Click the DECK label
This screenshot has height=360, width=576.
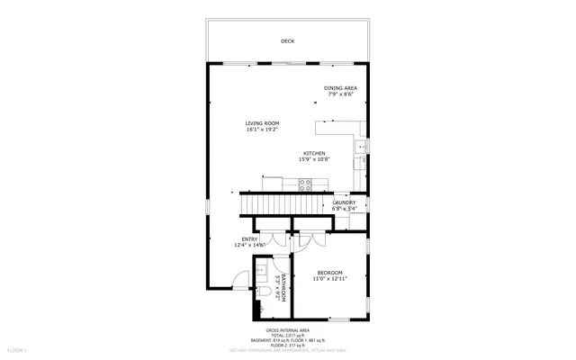point(287,41)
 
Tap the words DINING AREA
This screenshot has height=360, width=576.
point(340,87)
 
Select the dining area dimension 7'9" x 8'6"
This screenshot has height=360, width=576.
point(340,94)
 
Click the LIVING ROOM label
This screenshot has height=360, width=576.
point(262,123)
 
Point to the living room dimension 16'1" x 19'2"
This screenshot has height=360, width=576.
point(262,130)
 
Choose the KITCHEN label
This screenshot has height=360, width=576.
point(314,153)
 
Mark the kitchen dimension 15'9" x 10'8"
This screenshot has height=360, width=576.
point(314,159)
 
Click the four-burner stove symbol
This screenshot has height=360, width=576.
point(305,185)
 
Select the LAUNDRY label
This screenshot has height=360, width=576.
point(345,202)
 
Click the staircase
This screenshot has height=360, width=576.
point(283,206)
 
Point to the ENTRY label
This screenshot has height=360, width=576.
point(248,238)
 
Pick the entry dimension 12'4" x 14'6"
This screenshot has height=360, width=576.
point(248,245)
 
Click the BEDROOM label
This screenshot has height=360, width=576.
point(329,273)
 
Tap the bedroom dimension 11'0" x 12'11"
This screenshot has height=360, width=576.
point(329,279)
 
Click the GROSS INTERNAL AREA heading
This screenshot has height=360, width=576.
point(286,330)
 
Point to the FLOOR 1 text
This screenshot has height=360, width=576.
point(17,349)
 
